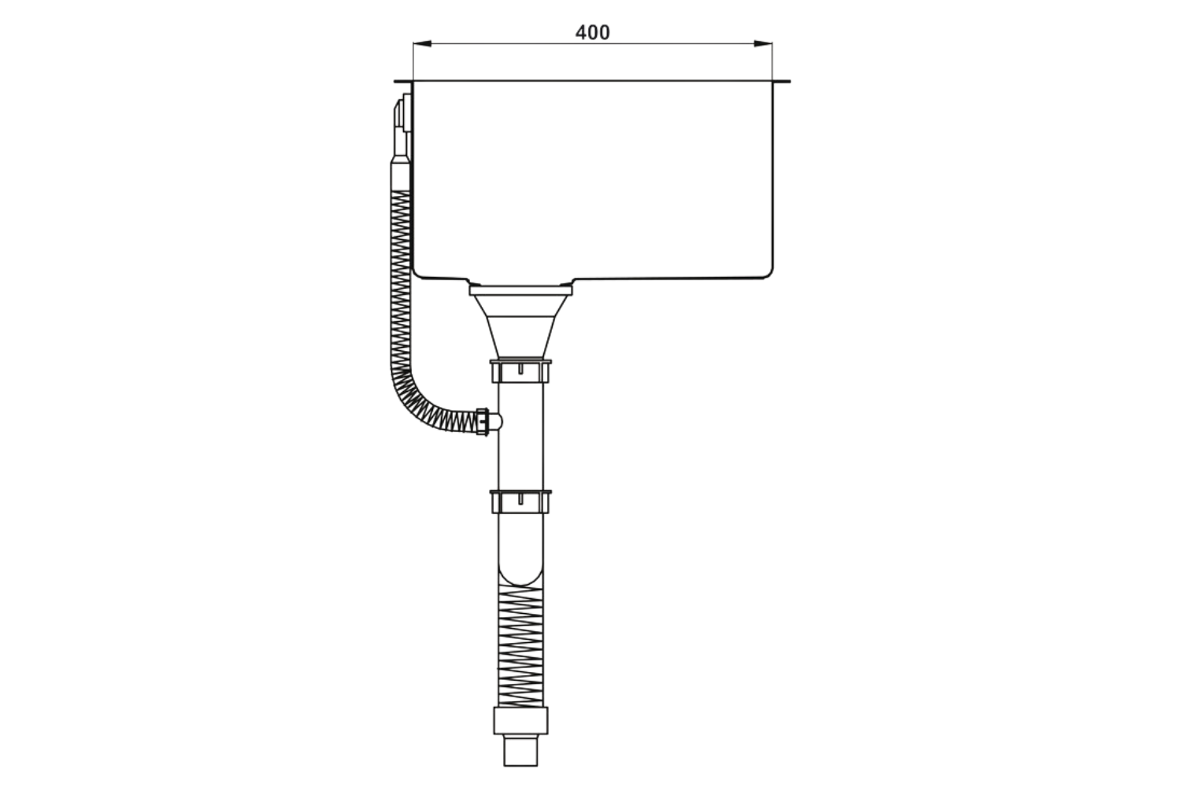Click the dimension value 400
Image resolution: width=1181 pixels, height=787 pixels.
[x=592, y=32]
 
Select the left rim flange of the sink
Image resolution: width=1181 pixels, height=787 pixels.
[x=402, y=81]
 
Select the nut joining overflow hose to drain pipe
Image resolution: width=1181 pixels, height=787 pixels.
[x=484, y=421]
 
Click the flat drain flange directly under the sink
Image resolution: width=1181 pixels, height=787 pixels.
[x=520, y=290]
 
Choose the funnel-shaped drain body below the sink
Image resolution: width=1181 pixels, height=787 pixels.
[x=520, y=327]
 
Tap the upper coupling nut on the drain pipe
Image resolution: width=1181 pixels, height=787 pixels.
[x=520, y=371]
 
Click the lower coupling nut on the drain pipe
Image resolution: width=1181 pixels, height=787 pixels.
[x=520, y=501]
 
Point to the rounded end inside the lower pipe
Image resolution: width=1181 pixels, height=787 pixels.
[x=520, y=571]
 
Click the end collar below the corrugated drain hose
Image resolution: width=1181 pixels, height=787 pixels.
[x=520, y=721]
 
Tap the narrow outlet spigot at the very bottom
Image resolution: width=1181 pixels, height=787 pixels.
[x=520, y=751]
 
